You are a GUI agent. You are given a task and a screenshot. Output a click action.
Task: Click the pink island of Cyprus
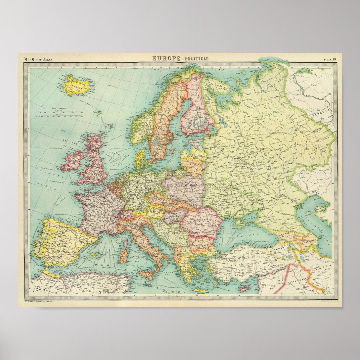[246, 287]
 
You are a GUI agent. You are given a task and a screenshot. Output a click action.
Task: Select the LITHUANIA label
[193, 164]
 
